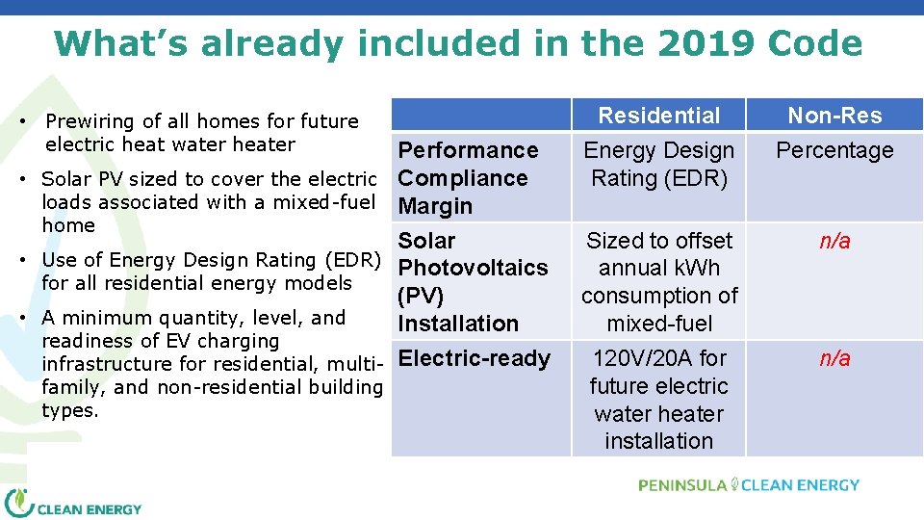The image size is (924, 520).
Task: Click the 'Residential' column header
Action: (658, 116)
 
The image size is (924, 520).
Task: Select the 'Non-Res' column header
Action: (834, 116)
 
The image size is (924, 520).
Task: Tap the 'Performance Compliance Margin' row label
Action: (468, 178)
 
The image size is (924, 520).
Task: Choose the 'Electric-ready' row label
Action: (474, 358)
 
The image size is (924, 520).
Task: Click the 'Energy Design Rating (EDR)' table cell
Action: (658, 164)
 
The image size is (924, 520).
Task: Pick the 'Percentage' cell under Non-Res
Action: (834, 150)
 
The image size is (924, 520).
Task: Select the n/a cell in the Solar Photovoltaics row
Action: (834, 241)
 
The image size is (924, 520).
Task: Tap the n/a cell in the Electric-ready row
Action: (834, 358)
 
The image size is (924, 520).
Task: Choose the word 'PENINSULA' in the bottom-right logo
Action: (681, 485)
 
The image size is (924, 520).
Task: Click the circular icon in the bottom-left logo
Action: (19, 505)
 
